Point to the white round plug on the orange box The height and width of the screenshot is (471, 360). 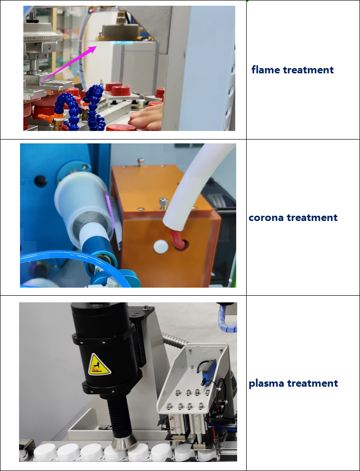point(160,246)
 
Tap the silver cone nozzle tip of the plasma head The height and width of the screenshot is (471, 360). point(123,443)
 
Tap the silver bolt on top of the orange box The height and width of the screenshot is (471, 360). point(163,203)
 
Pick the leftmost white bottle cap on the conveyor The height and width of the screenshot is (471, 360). point(46,452)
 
